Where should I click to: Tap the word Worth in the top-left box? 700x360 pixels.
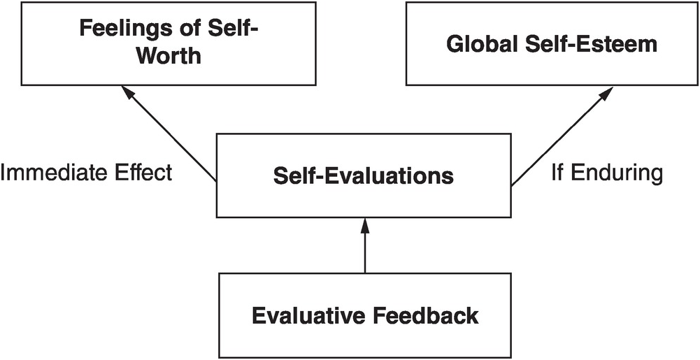[169, 55]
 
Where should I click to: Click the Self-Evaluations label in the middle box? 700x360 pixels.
[364, 175]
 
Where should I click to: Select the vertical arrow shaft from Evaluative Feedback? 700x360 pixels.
[364, 252]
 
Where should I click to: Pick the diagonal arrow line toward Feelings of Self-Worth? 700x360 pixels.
[171, 136]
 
